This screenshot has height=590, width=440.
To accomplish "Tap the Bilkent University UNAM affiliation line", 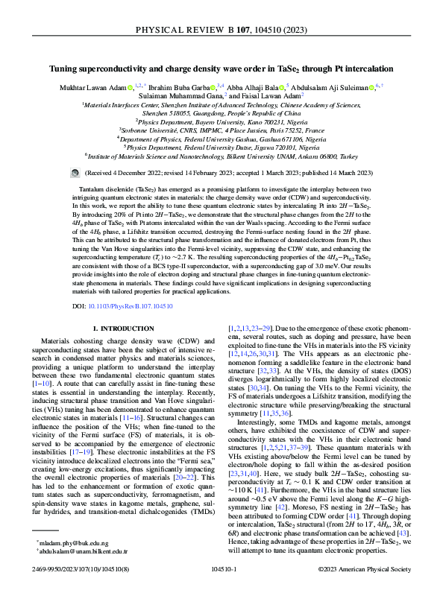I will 219,157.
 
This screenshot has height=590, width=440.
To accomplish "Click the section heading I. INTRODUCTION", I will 116,329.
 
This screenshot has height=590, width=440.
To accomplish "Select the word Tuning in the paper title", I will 66,68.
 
